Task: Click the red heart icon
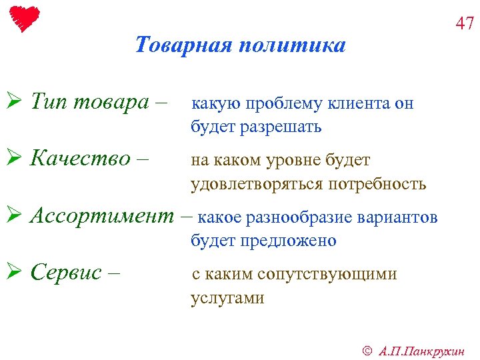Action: (x=25, y=18)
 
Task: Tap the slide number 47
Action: (x=464, y=24)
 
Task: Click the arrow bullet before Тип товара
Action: (x=18, y=103)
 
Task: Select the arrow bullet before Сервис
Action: (x=18, y=273)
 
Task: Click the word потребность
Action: (x=377, y=184)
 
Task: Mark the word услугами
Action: (x=227, y=298)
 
